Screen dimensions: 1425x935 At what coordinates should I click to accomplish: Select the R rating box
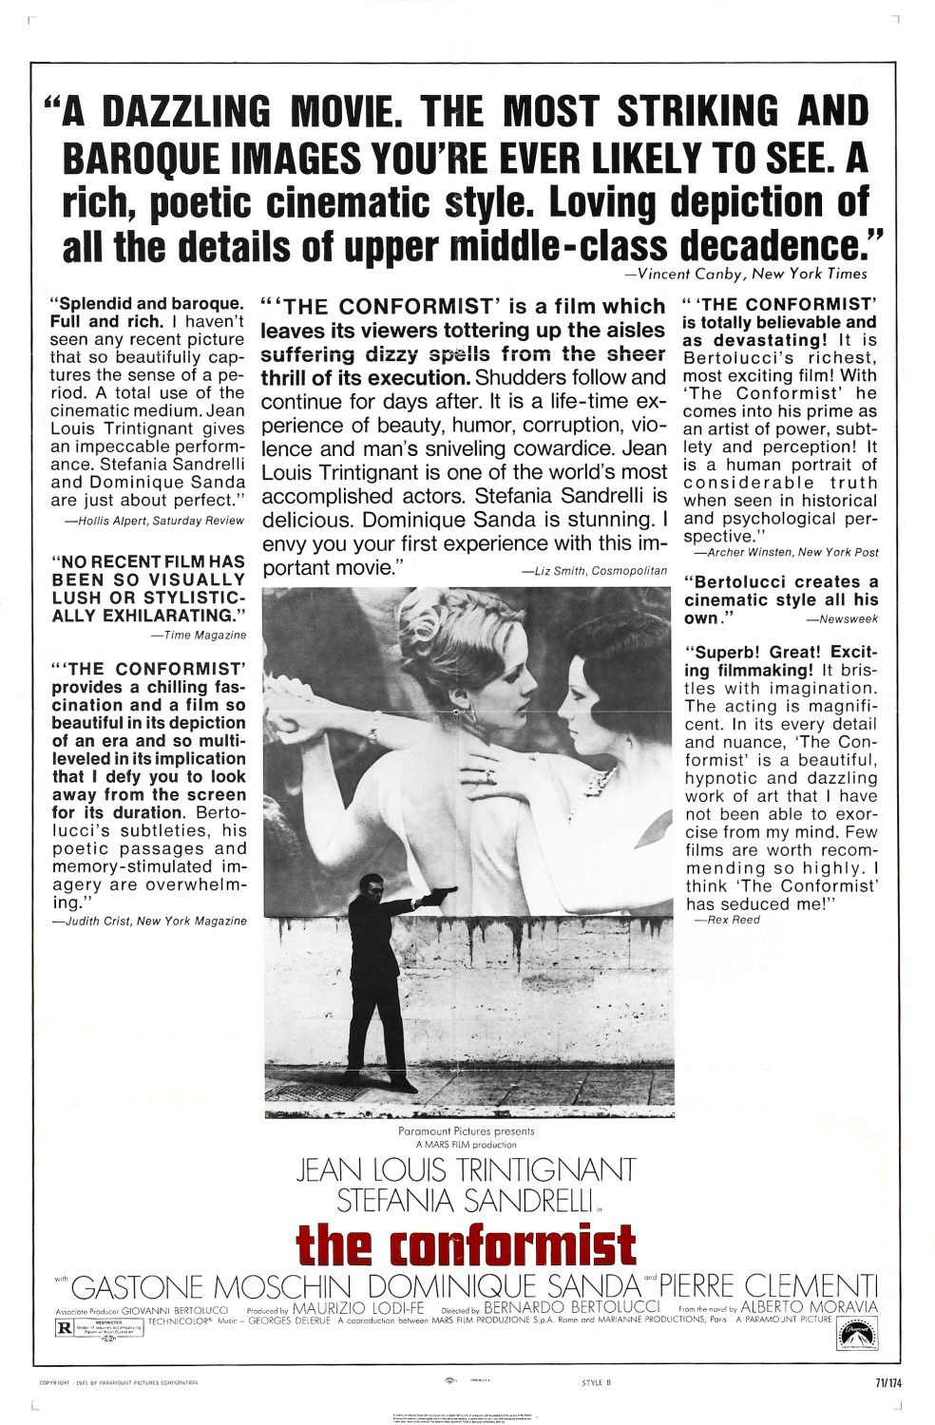tap(66, 1328)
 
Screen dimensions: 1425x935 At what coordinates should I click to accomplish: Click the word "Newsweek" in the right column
tap(842, 619)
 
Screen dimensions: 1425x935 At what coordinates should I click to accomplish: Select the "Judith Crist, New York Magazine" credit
tap(149, 921)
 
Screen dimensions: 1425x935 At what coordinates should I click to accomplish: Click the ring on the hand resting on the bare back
tap(490, 775)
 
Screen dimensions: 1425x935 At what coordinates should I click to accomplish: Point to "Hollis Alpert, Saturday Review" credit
tap(154, 521)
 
